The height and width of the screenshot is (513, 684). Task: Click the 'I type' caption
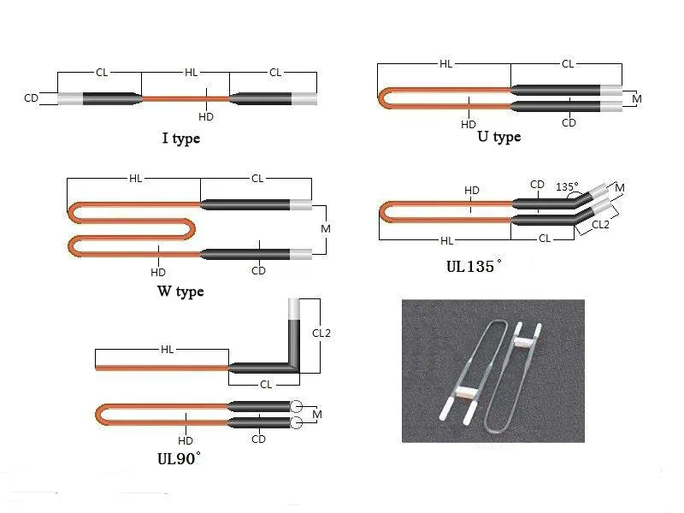point(181,139)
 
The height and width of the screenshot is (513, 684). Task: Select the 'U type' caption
point(499,137)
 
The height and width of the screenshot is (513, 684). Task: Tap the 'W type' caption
point(180,291)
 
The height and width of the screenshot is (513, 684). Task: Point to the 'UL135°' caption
point(474,266)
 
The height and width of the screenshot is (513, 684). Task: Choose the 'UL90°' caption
point(179,458)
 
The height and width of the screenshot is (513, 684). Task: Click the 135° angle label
point(567,186)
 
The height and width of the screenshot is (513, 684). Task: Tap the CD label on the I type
point(31,98)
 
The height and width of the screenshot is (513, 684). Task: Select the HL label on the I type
point(191,73)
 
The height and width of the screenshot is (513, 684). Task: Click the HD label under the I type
point(206,117)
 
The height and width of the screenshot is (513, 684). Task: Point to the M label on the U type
point(636,99)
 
